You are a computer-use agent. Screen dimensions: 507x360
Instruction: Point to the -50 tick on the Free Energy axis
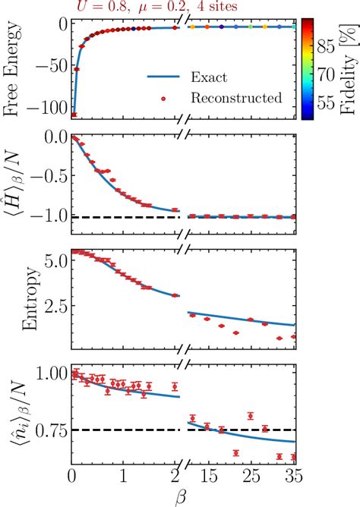(52, 67)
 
